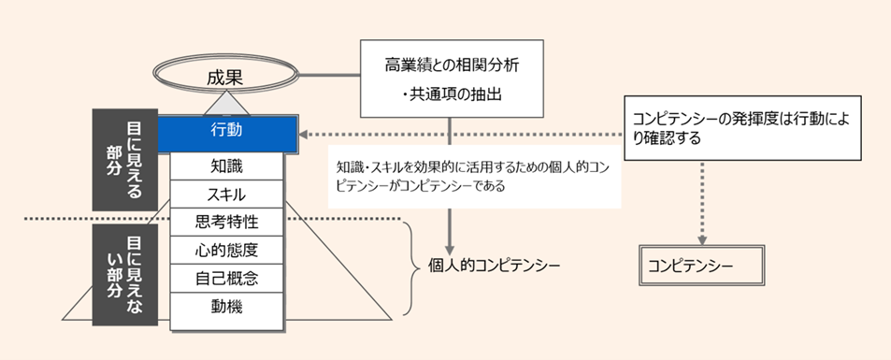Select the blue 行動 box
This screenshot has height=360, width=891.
click(x=227, y=132)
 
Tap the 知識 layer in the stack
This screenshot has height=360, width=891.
click(x=227, y=166)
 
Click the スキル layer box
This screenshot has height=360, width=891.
click(x=227, y=194)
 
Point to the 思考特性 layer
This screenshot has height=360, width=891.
click(x=227, y=223)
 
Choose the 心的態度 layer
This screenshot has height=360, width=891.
click(x=227, y=250)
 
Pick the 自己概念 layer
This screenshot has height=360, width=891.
click(x=227, y=278)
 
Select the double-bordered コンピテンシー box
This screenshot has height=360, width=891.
click(x=701, y=266)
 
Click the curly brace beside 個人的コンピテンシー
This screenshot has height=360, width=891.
click(x=409, y=267)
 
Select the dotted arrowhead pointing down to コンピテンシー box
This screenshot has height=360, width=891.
click(x=700, y=237)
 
